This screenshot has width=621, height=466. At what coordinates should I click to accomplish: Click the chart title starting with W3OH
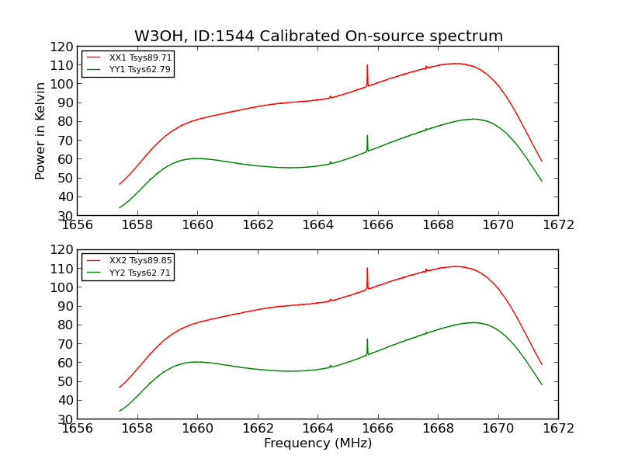(x=318, y=37)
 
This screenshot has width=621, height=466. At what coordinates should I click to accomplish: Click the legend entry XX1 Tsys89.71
(x=141, y=57)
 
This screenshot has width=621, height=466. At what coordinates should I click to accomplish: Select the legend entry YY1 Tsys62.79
(x=141, y=69)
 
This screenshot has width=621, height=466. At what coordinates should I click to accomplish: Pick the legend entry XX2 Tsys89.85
(x=141, y=260)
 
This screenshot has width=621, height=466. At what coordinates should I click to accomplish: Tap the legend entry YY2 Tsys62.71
(x=141, y=273)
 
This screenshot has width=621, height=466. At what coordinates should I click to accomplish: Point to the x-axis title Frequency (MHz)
(x=317, y=443)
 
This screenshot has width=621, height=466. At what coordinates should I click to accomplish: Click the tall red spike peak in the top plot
(x=367, y=66)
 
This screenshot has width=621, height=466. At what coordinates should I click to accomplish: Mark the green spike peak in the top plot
(x=367, y=137)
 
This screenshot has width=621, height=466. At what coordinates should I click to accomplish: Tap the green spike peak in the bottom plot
(x=367, y=340)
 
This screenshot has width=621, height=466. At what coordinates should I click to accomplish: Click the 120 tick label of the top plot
(x=61, y=47)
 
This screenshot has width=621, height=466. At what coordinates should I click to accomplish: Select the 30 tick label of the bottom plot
(x=65, y=419)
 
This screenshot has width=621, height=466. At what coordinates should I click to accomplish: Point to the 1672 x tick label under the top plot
(x=558, y=225)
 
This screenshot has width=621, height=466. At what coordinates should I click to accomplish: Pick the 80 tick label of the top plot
(x=65, y=122)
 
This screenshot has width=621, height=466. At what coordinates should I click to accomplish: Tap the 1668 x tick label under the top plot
(x=438, y=225)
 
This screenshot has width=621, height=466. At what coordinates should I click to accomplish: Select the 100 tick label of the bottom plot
(x=61, y=287)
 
